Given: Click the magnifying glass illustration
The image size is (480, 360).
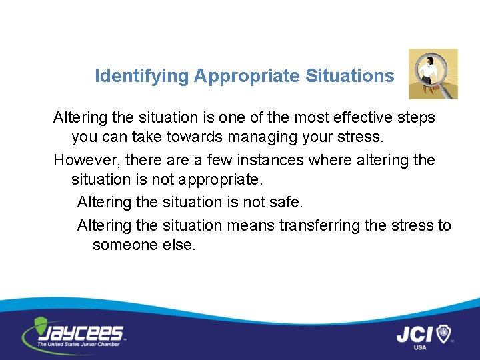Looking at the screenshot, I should (433, 73).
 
